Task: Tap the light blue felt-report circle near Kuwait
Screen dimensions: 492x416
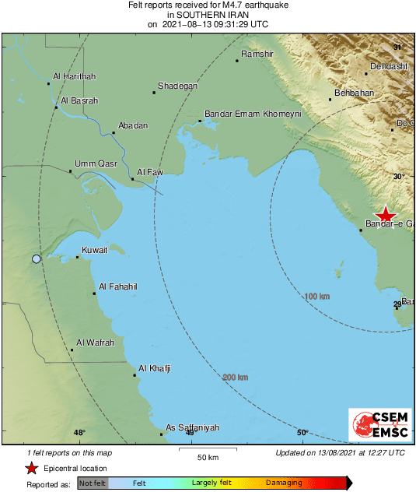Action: click(36, 258)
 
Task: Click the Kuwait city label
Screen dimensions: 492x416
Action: click(94, 251)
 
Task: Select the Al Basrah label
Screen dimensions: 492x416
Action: click(79, 100)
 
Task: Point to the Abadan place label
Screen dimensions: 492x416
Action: click(131, 125)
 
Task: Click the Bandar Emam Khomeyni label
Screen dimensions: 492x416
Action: click(252, 114)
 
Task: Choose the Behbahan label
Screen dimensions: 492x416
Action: click(354, 93)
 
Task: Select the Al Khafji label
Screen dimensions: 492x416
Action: click(154, 368)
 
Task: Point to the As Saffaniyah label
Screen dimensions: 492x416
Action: click(193, 428)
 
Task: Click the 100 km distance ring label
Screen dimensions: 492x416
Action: click(318, 297)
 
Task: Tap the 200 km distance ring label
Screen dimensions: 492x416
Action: click(236, 378)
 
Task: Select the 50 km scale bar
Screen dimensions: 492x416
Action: click(206, 450)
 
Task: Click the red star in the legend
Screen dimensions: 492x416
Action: click(31, 468)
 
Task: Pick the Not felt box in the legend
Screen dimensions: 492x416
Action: click(93, 483)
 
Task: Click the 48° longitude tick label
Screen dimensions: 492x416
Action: click(79, 433)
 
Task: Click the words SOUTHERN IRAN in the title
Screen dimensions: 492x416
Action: click(208, 14)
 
